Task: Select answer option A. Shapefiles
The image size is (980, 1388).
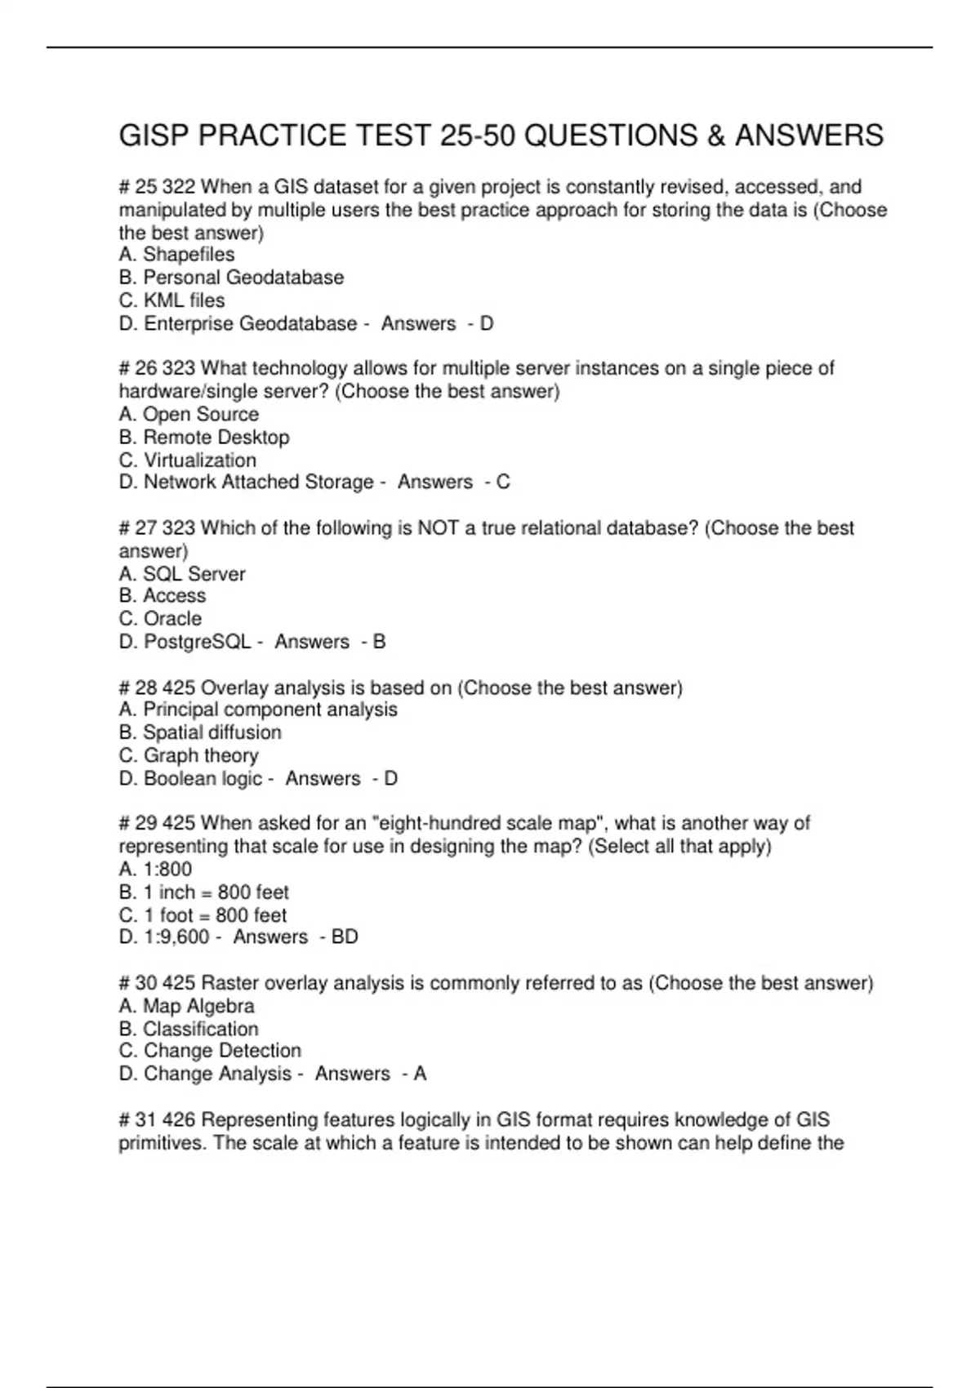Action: (176, 255)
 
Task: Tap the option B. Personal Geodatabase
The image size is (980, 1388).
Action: (231, 278)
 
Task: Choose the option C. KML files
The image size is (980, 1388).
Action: (171, 300)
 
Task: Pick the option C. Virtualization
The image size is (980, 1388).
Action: (187, 460)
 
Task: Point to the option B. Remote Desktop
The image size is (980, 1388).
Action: (204, 437)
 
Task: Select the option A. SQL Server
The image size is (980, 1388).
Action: (181, 574)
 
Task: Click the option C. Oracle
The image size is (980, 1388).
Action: (160, 619)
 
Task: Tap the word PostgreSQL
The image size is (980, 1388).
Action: (197, 642)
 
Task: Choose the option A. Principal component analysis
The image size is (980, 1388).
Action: (258, 710)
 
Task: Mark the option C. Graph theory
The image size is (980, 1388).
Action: (189, 755)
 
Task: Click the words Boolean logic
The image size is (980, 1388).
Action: (203, 778)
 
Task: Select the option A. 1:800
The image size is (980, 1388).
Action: (155, 870)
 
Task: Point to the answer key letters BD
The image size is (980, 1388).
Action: (345, 936)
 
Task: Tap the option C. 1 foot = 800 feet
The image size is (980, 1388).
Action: (203, 914)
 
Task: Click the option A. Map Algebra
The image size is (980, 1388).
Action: (186, 1006)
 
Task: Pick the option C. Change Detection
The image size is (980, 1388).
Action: (210, 1051)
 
